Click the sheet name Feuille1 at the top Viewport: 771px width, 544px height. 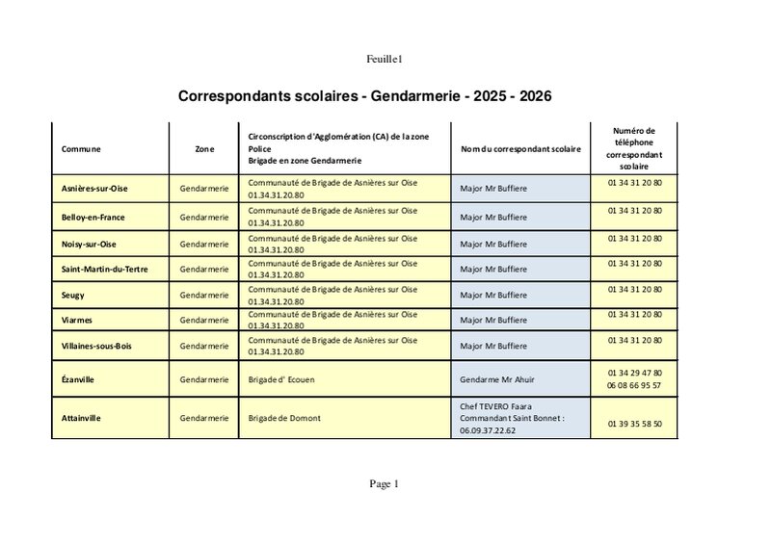click(x=384, y=60)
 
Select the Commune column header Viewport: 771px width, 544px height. click(x=81, y=149)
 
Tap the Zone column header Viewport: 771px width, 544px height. click(x=204, y=149)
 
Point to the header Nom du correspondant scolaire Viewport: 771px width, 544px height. click(x=520, y=149)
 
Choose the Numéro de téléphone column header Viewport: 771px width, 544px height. click(x=634, y=148)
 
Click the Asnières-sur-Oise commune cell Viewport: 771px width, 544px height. click(x=95, y=189)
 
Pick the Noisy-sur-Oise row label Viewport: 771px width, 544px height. click(x=89, y=245)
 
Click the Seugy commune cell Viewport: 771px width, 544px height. click(x=73, y=295)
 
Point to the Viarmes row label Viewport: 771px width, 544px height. click(x=77, y=320)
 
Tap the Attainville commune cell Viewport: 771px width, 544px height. click(x=82, y=418)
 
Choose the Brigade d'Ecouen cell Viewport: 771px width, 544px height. click(x=281, y=379)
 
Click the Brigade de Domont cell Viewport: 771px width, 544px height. click(x=284, y=418)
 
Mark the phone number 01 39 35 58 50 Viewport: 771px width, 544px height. click(x=634, y=424)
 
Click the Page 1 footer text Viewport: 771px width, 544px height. click(x=384, y=484)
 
